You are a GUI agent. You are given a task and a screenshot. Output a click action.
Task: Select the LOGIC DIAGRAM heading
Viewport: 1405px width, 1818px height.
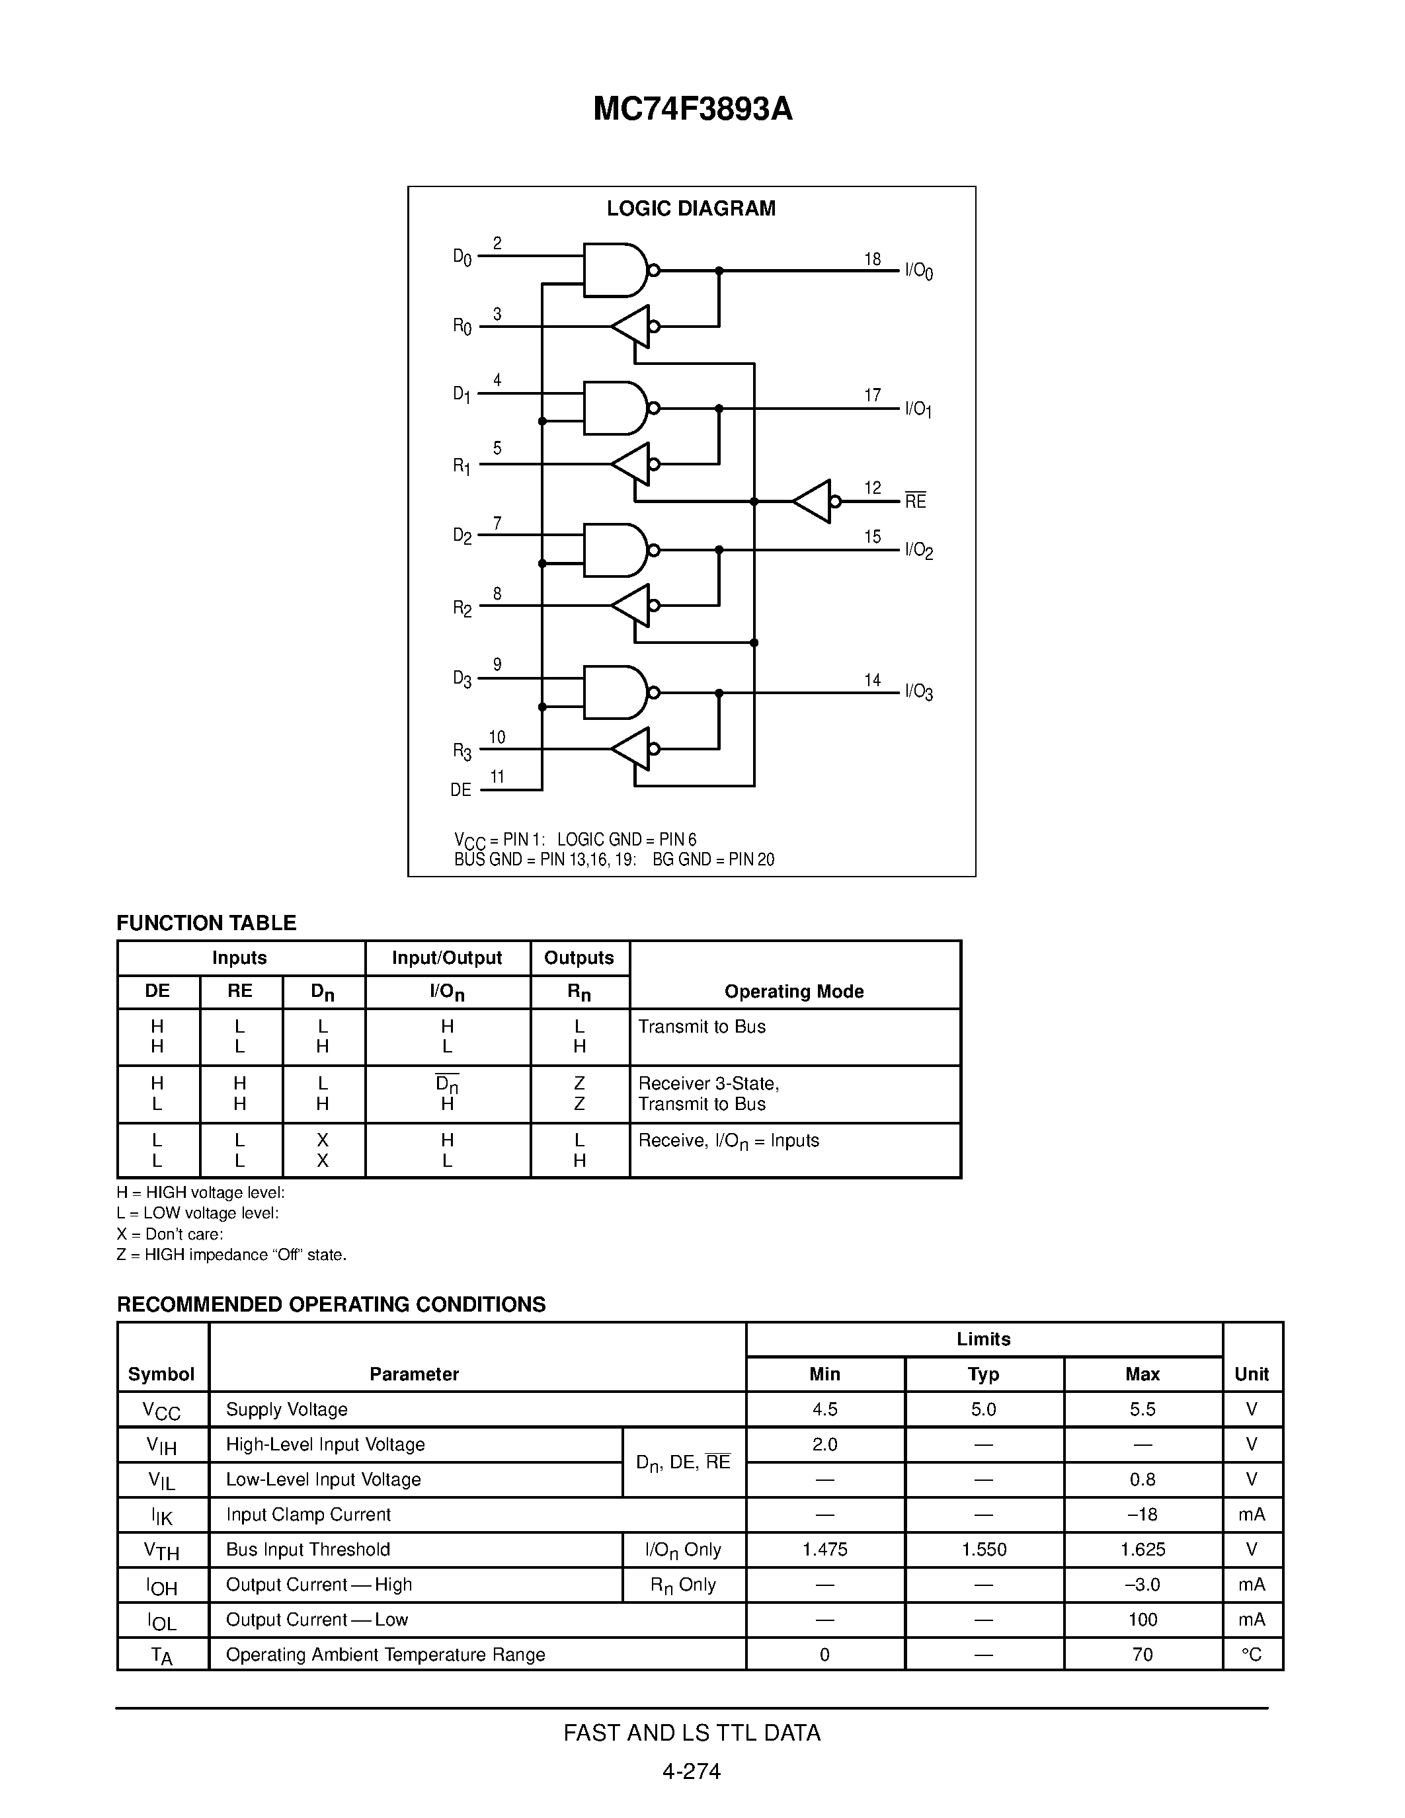691,208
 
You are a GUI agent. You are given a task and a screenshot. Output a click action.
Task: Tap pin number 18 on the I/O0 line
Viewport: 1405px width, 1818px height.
872,259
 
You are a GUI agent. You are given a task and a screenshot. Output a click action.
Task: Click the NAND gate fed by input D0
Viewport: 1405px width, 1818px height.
616,270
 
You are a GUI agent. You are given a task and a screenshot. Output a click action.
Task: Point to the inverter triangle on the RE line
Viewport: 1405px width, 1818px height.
813,501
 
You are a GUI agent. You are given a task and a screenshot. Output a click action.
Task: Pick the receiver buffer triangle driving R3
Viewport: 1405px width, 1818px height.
631,748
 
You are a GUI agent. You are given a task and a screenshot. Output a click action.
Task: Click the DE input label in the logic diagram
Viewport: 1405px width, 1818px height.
461,789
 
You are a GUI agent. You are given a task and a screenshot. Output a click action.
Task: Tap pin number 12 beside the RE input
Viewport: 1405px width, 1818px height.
872,488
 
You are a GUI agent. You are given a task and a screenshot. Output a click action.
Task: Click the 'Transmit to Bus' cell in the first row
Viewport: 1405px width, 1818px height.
702,1027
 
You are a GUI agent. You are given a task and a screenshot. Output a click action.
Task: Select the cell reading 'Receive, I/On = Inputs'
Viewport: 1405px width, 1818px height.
729,1140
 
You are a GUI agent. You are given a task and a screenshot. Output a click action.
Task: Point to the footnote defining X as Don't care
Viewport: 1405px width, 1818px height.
170,1234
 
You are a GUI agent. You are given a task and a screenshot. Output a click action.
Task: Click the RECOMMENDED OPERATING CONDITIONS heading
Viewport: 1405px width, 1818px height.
331,1304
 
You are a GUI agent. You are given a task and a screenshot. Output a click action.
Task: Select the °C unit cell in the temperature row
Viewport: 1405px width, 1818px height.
1252,1654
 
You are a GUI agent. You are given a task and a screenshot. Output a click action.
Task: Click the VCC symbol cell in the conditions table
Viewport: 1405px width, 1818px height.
161,1410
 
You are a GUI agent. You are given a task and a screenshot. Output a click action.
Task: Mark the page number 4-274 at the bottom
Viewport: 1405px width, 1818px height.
692,1770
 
